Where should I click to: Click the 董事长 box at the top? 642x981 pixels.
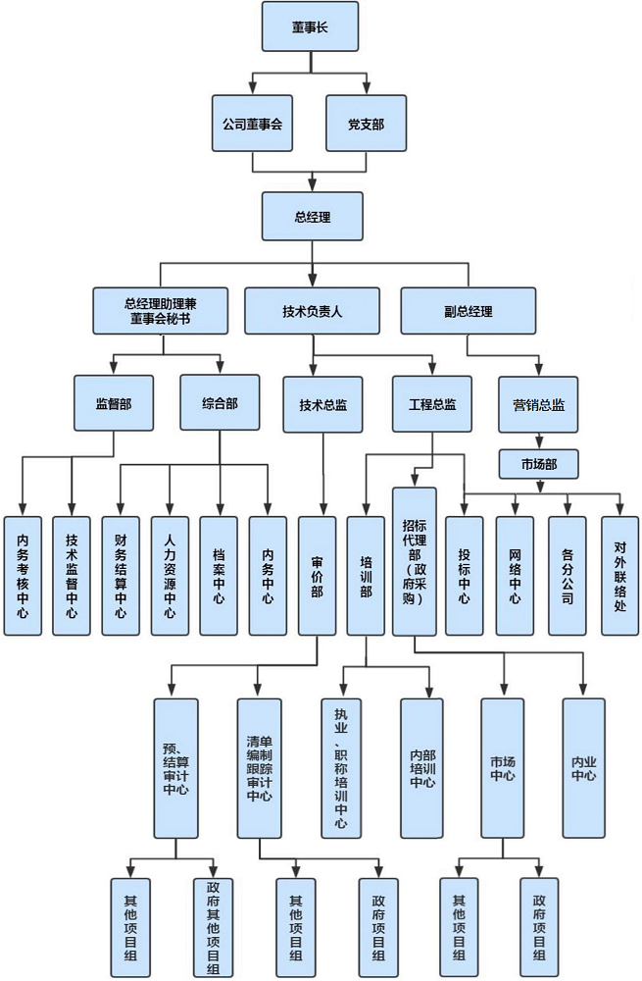(x=310, y=27)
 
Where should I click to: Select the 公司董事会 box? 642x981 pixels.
(x=253, y=125)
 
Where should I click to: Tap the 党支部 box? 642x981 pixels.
(x=366, y=125)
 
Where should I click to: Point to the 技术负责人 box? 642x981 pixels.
(x=312, y=311)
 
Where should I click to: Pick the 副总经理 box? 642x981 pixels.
(x=469, y=311)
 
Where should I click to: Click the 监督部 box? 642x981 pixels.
(x=114, y=403)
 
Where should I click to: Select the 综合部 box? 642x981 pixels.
(x=220, y=403)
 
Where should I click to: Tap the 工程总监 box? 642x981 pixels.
(x=432, y=403)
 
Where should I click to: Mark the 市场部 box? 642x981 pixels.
(x=538, y=460)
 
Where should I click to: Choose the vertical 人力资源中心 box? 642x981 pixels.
(x=170, y=576)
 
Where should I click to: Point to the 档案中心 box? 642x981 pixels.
(x=219, y=576)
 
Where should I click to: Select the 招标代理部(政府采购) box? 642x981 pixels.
(x=415, y=562)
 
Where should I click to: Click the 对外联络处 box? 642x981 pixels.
(x=619, y=576)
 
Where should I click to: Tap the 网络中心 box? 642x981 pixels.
(x=515, y=576)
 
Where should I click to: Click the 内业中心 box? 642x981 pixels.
(x=584, y=767)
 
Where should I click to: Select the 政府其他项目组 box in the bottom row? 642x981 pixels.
(x=213, y=927)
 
